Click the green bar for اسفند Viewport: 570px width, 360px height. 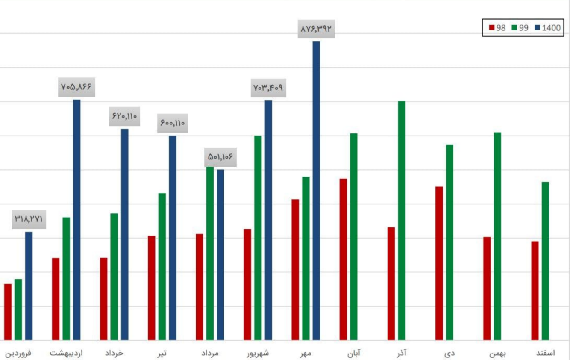(545, 261)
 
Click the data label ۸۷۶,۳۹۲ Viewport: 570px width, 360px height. (316, 29)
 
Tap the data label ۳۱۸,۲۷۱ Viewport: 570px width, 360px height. (29, 219)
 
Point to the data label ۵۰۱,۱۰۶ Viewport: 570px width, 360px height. (220, 157)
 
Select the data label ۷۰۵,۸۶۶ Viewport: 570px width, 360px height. (76, 87)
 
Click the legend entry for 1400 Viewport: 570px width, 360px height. (551, 28)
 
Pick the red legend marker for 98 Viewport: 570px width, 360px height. (492, 28)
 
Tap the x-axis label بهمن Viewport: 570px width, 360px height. (497, 353)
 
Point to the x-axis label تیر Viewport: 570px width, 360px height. (162, 353)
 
